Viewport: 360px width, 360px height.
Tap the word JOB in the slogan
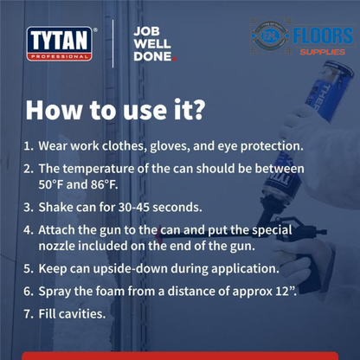(145, 30)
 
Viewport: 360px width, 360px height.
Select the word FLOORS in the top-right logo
(322, 36)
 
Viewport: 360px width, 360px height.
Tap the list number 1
(28, 147)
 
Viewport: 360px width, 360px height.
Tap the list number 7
(28, 313)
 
